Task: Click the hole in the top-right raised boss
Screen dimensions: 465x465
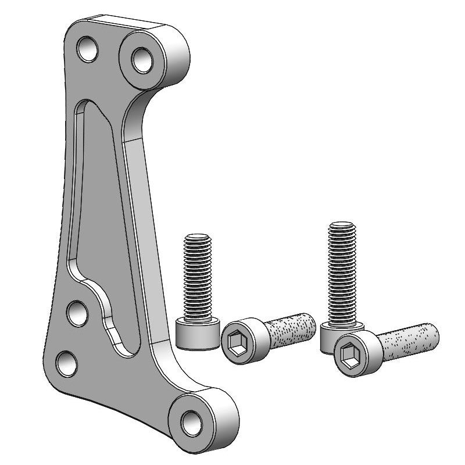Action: (141, 59)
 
